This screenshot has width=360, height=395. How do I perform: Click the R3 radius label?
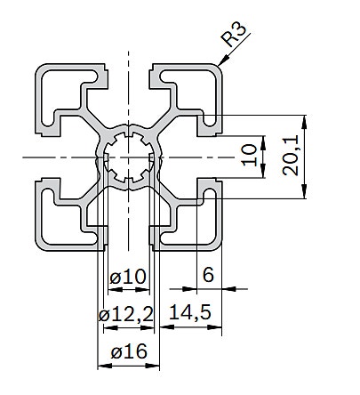pyautogui.click(x=234, y=35)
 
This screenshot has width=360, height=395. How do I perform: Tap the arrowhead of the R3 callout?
pyautogui.click(x=223, y=60)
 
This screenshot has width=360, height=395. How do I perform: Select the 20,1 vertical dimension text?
pyautogui.click(x=291, y=157)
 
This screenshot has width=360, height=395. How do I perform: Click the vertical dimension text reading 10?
pyautogui.click(x=249, y=155)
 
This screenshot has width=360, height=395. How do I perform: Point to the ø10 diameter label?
pyautogui.click(x=128, y=277)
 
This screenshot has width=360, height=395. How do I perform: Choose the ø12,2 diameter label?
pyautogui.click(x=126, y=314)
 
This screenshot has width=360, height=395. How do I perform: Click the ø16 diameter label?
pyautogui.click(x=129, y=351)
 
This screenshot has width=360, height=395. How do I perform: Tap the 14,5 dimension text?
pyautogui.click(x=190, y=312)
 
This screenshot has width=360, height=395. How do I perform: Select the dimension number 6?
pyautogui.click(x=208, y=275)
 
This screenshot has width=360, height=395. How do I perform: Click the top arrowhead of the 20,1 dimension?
pyautogui.click(x=304, y=122)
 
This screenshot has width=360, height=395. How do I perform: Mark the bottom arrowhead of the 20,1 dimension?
pyautogui.click(x=304, y=191)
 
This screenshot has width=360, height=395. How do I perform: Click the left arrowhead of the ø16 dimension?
pyautogui.click(x=105, y=366)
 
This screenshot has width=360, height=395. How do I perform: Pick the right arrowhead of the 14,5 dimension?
pyautogui.click(x=214, y=327)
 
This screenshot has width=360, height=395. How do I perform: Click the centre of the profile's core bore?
pyautogui.click(x=129, y=157)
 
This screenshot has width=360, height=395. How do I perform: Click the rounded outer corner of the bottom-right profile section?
pyautogui.click(x=217, y=246)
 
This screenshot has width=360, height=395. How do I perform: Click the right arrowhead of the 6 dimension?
pyautogui.click(x=228, y=288)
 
